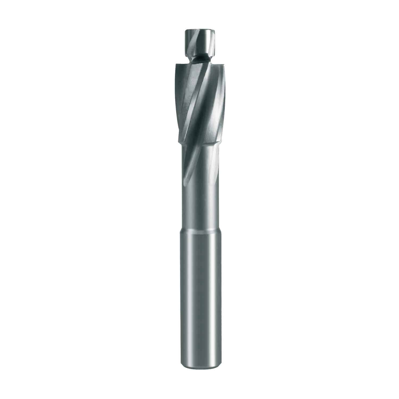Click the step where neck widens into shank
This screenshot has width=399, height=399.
(199, 231)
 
